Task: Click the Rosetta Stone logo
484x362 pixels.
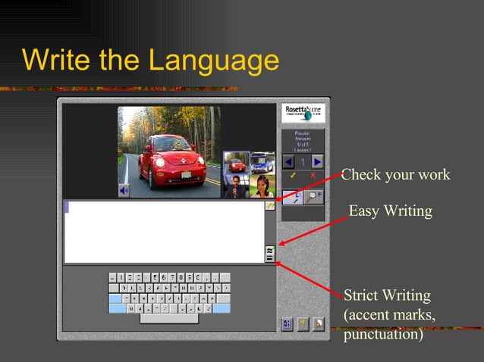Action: click(x=303, y=113)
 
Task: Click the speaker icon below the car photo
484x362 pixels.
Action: click(x=124, y=191)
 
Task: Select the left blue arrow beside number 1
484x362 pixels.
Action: click(x=288, y=161)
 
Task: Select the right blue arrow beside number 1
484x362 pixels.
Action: click(x=317, y=161)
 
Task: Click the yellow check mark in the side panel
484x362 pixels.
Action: click(x=292, y=176)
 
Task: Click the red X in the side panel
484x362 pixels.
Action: click(x=313, y=176)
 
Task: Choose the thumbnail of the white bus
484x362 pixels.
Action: click(x=262, y=162)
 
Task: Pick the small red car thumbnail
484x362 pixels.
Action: click(x=237, y=163)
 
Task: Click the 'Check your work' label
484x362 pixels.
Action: click(x=395, y=176)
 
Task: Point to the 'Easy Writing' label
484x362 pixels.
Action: click(x=390, y=211)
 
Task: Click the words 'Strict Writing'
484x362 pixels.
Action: click(x=387, y=295)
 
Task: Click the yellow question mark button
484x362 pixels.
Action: click(x=302, y=324)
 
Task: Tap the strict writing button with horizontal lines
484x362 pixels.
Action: click(x=269, y=258)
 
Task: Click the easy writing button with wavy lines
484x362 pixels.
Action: click(x=269, y=249)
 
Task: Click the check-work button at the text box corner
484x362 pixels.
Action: click(x=269, y=206)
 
